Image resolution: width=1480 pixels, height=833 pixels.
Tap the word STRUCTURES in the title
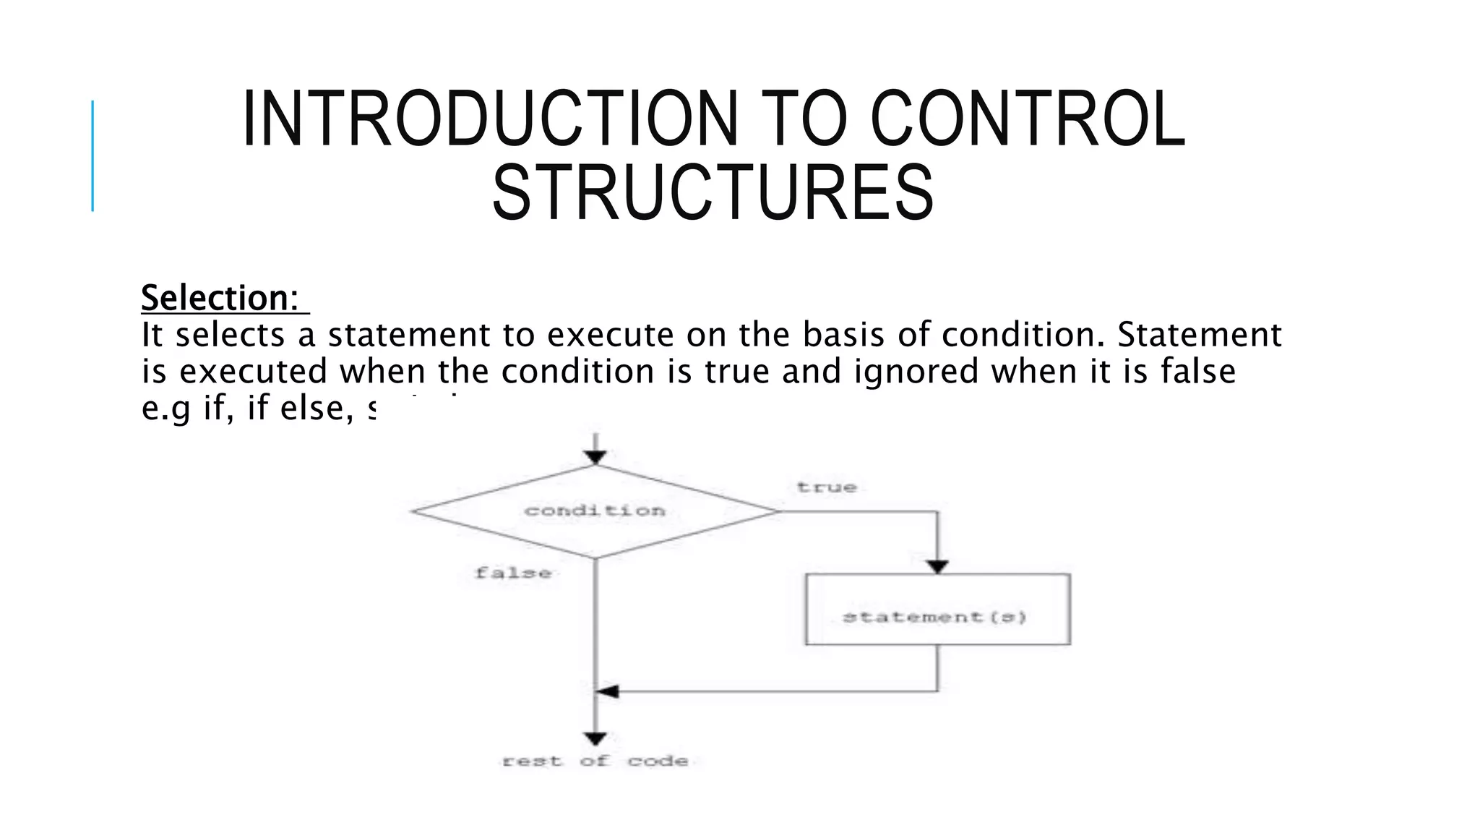click(713, 193)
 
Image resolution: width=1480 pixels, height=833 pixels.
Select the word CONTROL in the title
click(1027, 119)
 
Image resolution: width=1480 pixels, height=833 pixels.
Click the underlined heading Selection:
click(220, 298)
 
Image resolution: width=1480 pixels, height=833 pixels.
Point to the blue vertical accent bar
click(92, 155)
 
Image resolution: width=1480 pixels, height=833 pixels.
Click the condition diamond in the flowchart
click(595, 511)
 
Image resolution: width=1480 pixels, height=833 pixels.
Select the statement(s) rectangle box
click(937, 610)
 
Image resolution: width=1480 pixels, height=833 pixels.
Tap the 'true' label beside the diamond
click(827, 488)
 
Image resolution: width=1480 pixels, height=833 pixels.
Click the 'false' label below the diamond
click(514, 573)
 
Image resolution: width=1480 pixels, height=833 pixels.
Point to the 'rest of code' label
click(595, 761)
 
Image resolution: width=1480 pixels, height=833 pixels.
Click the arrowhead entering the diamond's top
click(595, 457)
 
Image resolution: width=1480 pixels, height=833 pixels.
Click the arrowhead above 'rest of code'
click(595, 739)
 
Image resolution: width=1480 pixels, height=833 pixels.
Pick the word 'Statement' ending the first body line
click(1200, 335)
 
